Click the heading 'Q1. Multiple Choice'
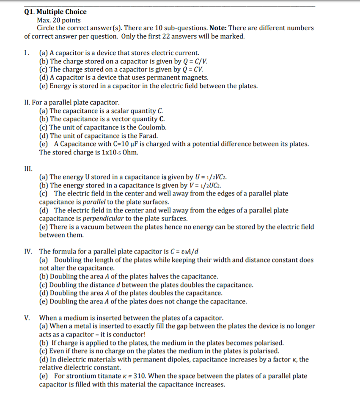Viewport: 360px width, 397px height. (55, 12)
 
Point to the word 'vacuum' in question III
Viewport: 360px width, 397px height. (92, 227)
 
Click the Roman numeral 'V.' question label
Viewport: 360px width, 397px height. (27, 318)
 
